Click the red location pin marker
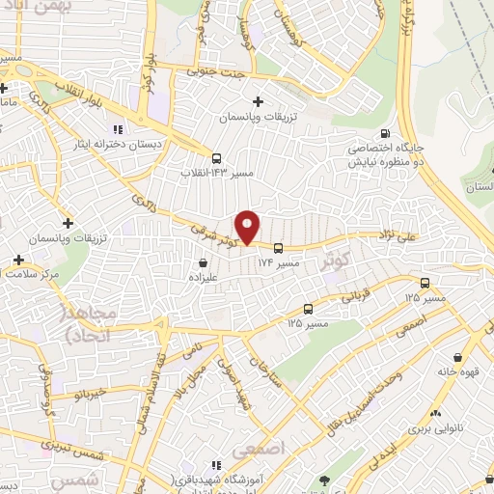pos(248,227)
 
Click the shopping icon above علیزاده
pos(203,261)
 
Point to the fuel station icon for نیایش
pos(386,134)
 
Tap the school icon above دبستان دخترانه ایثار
pos(118,128)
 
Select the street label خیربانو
pos(72,395)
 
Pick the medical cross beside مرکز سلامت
pos(18,261)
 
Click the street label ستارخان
pos(267,369)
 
